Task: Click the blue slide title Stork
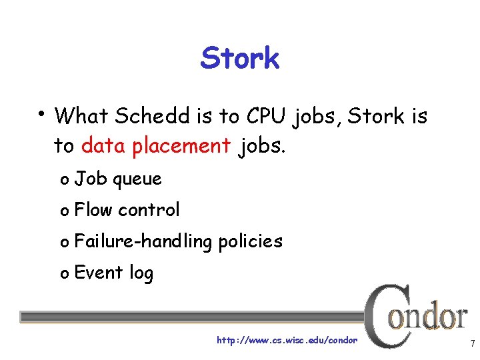[239, 59]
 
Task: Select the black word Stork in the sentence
[376, 117]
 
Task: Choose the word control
[149, 210]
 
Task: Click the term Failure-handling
[142, 241]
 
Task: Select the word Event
[99, 273]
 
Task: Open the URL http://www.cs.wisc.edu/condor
[287, 341]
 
